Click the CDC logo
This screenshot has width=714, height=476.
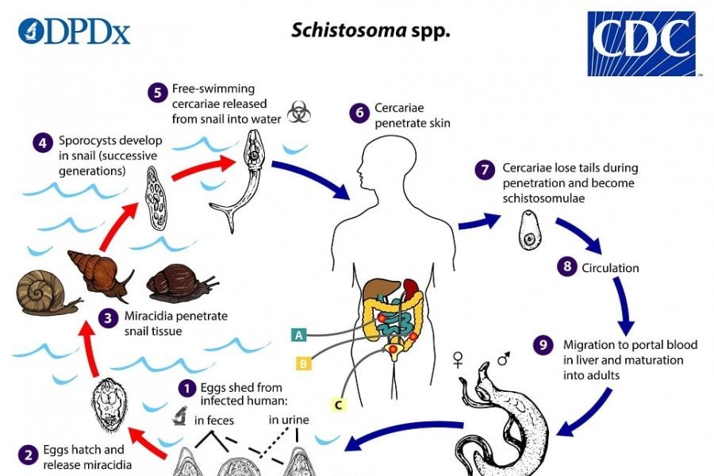641,43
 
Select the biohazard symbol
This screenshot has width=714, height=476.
298,112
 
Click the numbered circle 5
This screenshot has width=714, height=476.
156,90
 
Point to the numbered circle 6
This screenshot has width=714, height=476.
359,113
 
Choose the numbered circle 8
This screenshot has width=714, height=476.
566,267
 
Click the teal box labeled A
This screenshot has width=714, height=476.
299,335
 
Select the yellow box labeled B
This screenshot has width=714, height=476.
303,363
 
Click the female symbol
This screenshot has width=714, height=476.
458,361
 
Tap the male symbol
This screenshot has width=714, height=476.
503,359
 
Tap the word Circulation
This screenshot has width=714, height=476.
610,267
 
